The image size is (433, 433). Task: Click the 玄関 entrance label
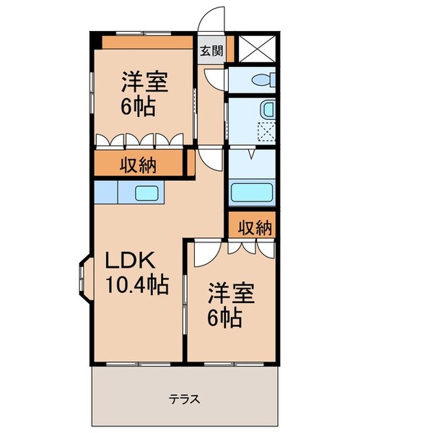211,51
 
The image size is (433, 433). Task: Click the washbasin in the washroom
268,110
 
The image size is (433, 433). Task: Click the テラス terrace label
184,398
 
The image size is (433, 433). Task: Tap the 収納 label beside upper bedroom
138,164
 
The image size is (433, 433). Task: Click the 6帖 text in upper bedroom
137,108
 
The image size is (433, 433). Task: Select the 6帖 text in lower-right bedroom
225,318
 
